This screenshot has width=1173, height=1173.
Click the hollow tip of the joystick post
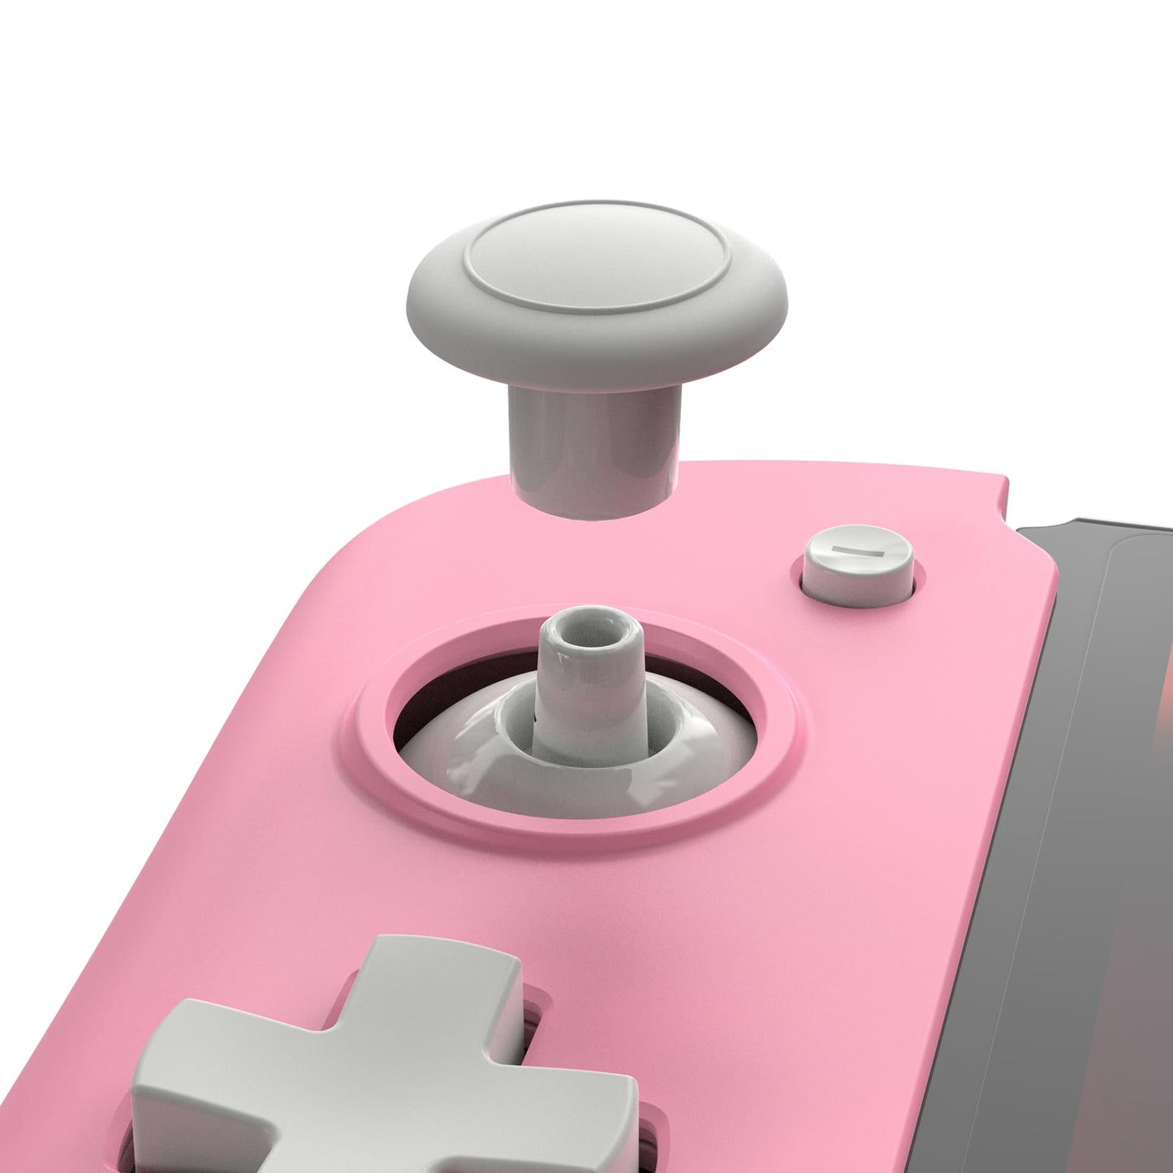591,632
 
